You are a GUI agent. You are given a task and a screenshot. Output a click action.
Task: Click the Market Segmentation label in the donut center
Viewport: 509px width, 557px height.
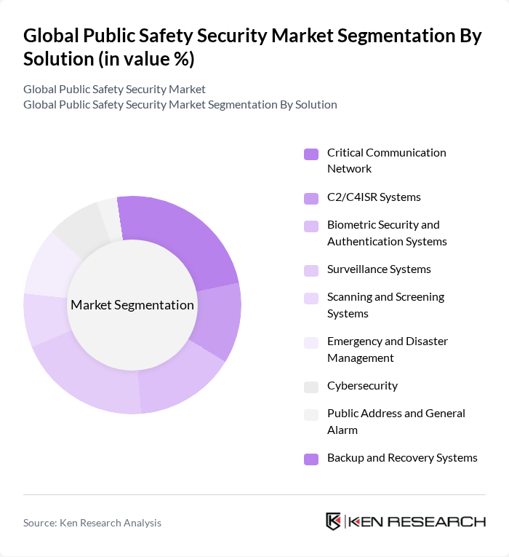[x=132, y=305]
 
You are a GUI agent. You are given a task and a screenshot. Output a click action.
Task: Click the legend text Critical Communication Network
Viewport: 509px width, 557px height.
[x=386, y=160]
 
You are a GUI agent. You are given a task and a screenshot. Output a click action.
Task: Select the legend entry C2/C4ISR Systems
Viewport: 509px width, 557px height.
[x=374, y=197]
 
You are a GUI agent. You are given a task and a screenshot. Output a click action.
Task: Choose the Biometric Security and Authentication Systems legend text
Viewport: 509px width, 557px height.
[x=386, y=233]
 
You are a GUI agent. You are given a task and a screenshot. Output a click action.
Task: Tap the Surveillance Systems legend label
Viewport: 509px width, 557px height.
[x=379, y=269]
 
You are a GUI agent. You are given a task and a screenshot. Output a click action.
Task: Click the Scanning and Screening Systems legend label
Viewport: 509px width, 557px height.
[x=385, y=305]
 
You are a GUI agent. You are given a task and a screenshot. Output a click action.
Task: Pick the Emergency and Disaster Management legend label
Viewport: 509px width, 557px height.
[x=387, y=349]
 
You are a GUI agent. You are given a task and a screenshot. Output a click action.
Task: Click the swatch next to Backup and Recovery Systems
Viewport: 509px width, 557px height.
[x=311, y=459]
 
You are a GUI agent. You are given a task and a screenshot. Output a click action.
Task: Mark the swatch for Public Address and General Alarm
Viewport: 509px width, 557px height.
[x=311, y=415]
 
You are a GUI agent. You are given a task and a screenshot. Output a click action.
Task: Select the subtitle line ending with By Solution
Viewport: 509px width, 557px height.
[x=180, y=104]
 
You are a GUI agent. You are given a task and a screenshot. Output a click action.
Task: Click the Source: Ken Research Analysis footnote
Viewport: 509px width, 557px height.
[x=92, y=523]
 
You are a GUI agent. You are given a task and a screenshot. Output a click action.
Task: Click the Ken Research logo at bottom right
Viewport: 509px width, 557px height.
[x=405, y=521]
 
